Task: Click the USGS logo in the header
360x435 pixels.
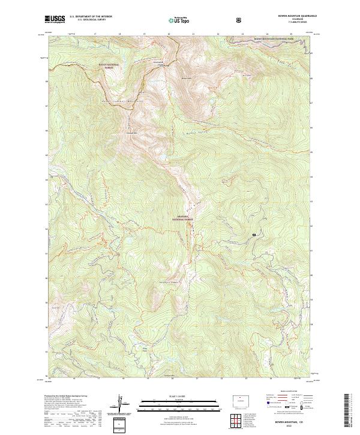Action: [55, 20]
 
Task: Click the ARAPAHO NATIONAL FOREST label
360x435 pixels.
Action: [183, 218]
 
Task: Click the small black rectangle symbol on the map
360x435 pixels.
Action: [254, 234]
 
